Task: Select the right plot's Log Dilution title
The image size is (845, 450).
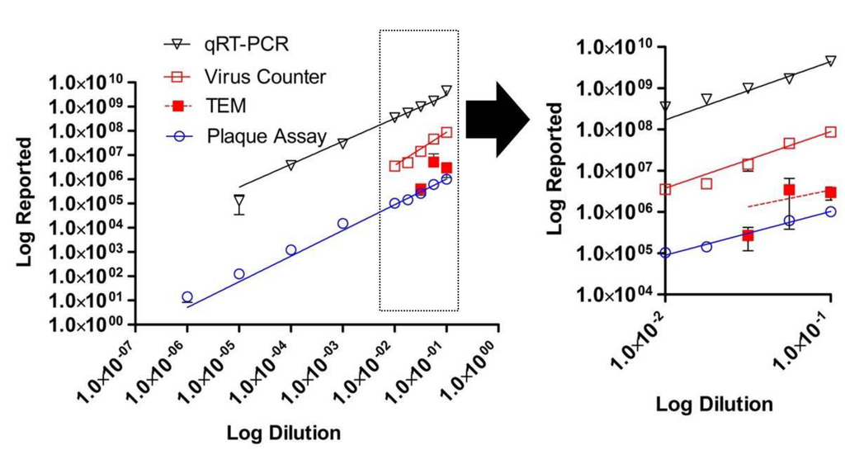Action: pyautogui.click(x=715, y=405)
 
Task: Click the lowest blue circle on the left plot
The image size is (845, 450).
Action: pyautogui.click(x=187, y=297)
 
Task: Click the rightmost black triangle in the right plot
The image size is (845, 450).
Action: pyautogui.click(x=830, y=61)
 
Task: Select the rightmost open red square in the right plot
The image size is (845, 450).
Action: pyautogui.click(x=830, y=132)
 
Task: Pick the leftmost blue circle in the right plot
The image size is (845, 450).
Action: pyautogui.click(x=666, y=253)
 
